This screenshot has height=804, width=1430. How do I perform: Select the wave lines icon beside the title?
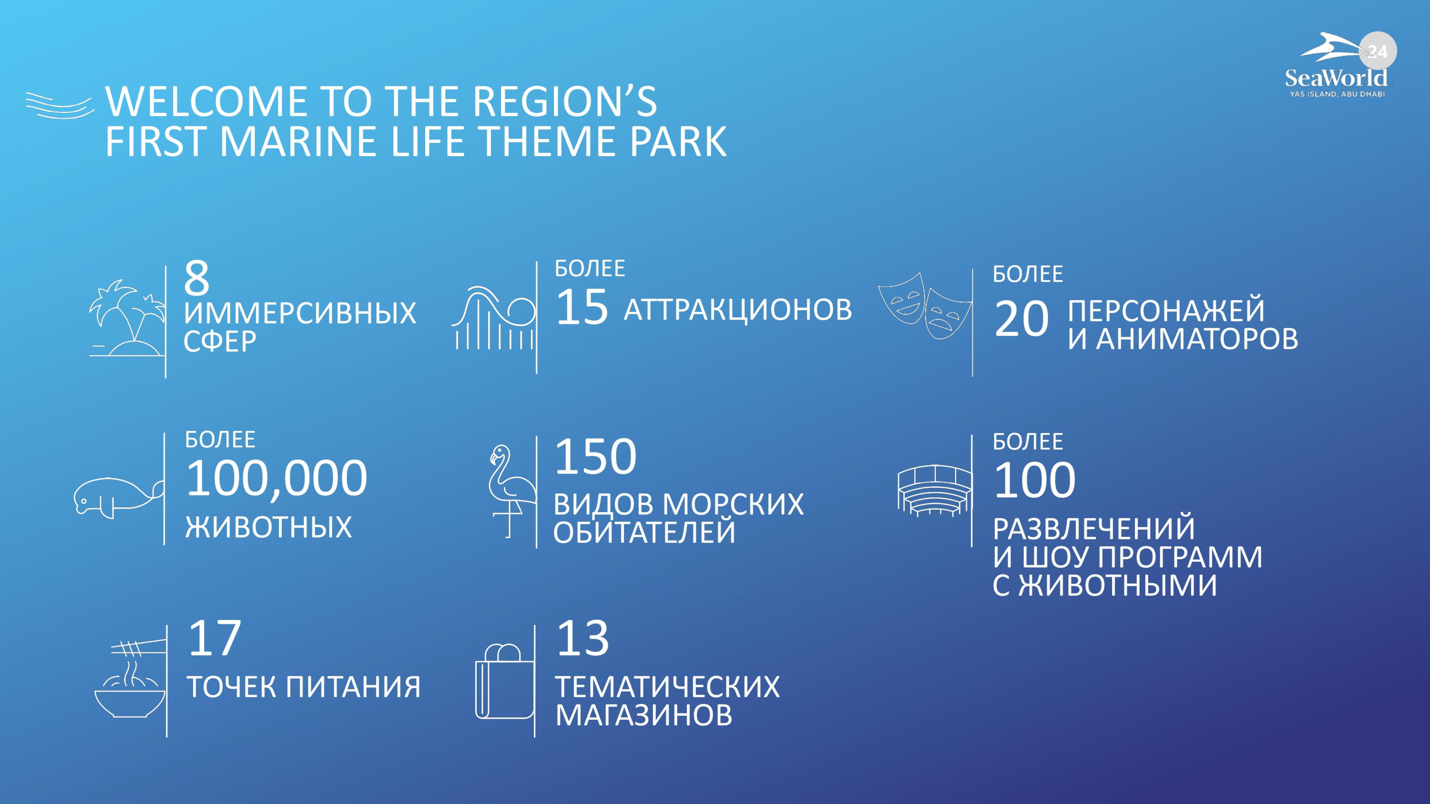60,105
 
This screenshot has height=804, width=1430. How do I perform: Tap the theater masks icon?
925,306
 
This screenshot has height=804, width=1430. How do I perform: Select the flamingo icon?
511,491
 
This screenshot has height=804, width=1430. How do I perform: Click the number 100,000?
276,478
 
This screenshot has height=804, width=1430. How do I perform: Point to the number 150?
596,457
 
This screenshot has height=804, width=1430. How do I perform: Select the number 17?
215,638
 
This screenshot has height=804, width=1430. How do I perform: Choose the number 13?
583,638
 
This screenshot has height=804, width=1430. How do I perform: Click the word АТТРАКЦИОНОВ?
738,310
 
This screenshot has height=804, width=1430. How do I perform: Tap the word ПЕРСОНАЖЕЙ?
1166,310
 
